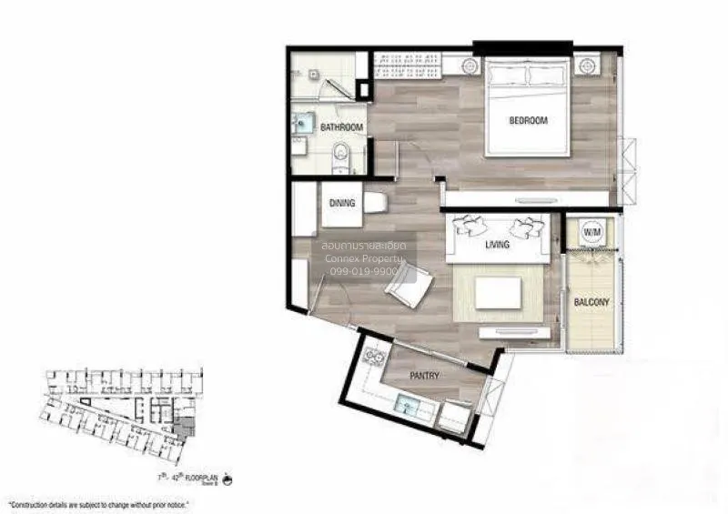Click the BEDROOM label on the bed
[528, 119]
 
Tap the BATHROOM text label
[342, 127]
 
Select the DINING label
[342, 204]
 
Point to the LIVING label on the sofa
[497, 245]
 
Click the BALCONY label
[591, 302]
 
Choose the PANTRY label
[424, 376]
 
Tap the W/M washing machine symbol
[591, 233]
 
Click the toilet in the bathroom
[341, 156]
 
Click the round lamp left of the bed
[470, 66]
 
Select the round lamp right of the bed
[585, 66]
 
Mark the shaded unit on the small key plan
[187, 426]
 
